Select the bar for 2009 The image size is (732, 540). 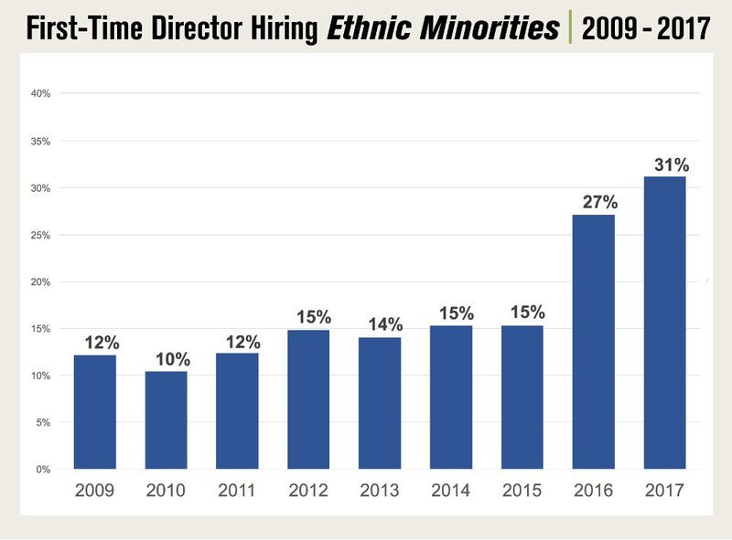point(94,412)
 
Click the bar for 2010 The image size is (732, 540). point(166,420)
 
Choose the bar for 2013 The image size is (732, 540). point(380,403)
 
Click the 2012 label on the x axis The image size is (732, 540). point(308,491)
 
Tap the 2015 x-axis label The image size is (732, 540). point(522,491)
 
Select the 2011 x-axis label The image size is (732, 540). point(237,491)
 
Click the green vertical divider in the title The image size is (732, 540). point(569,28)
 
